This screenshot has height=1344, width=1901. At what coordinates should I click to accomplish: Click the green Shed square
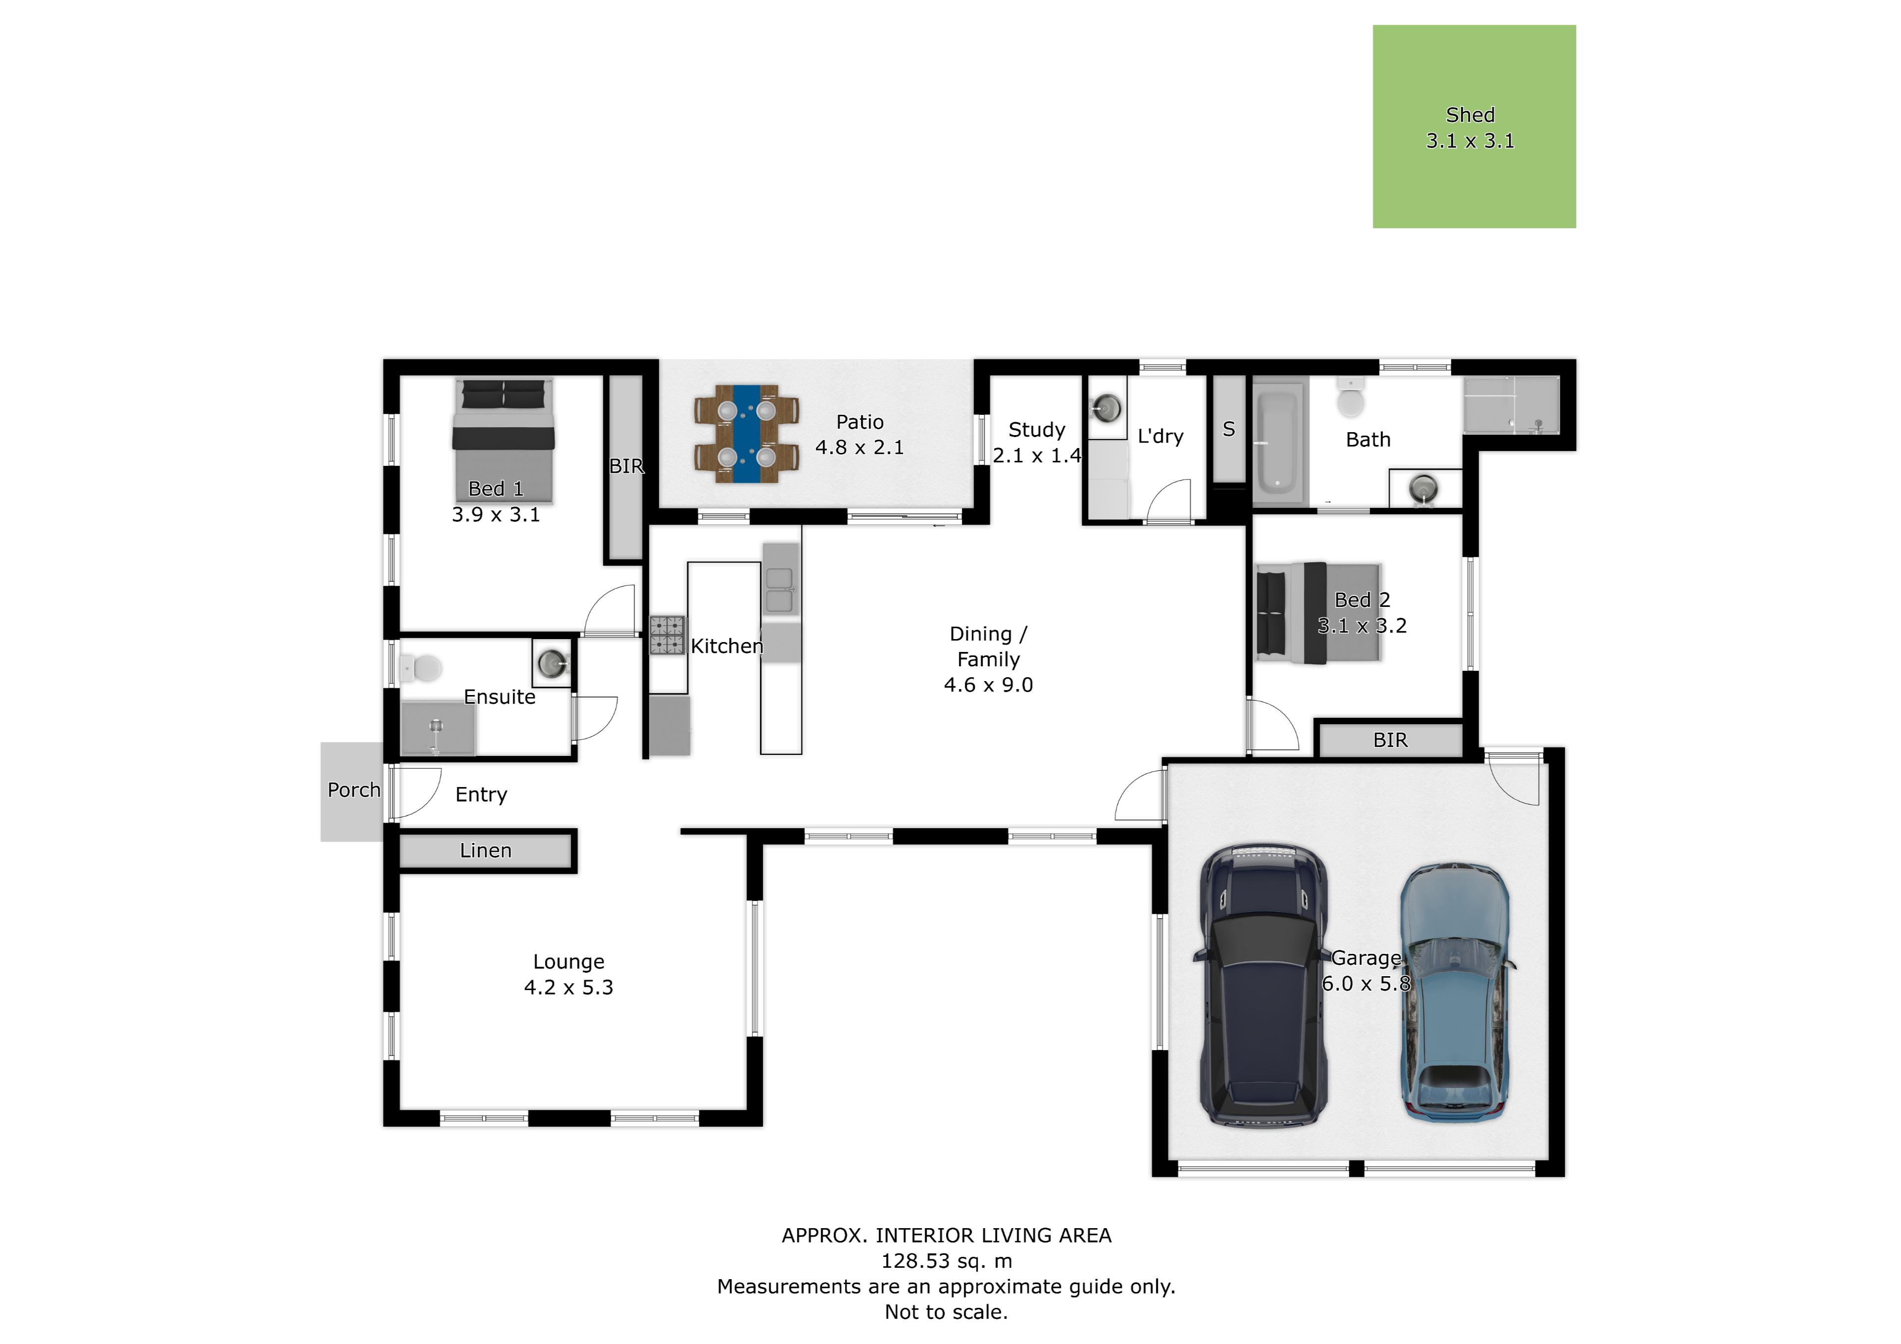[1474, 127]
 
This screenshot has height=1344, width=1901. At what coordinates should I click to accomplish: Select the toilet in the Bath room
[1351, 399]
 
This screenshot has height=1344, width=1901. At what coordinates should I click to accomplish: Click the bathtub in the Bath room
[1279, 442]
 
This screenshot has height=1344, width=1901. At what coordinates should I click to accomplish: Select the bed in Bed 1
[502, 441]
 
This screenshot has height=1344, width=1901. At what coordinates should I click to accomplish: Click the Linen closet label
[486, 850]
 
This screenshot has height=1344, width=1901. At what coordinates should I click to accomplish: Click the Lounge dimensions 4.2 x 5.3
[569, 987]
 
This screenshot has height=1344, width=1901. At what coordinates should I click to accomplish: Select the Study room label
[1037, 430]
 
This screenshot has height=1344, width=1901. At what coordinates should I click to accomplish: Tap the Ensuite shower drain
[436, 726]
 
